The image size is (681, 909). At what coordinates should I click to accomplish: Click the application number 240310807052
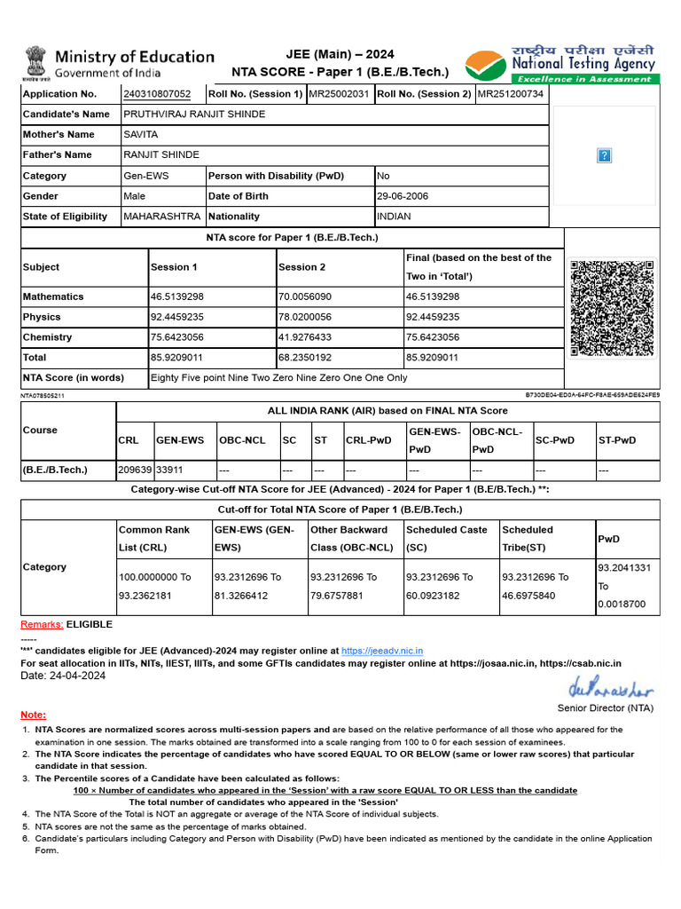click(157, 94)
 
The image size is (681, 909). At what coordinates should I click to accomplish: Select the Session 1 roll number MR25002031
click(339, 94)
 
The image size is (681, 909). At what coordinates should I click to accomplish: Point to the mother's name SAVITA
click(141, 135)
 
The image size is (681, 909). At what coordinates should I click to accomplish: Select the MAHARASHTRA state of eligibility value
click(161, 217)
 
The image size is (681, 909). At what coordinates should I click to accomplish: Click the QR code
click(613, 308)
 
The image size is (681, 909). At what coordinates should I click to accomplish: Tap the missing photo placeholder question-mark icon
click(605, 156)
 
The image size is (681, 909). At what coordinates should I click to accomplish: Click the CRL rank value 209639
click(135, 470)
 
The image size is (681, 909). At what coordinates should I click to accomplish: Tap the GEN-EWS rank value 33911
click(170, 470)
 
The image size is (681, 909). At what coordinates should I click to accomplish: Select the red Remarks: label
click(42, 624)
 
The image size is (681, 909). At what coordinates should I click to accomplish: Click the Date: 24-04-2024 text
click(63, 676)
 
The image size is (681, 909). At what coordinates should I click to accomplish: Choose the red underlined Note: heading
click(34, 715)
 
